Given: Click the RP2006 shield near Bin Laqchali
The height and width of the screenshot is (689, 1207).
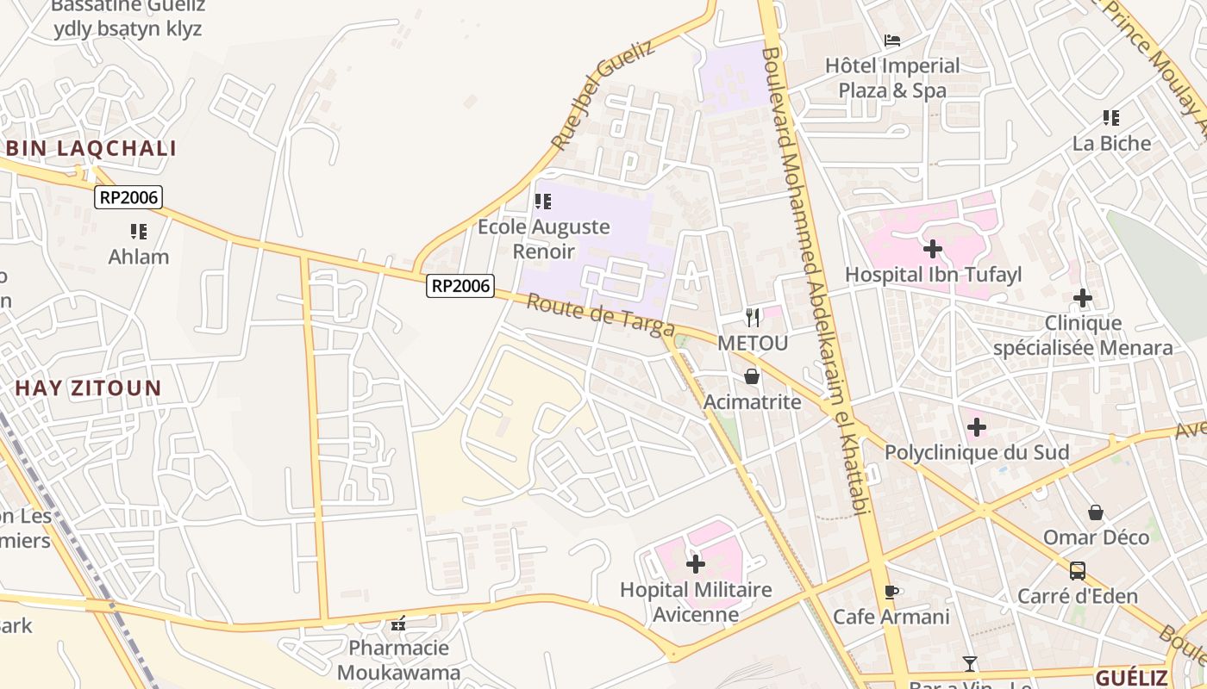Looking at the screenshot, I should (128, 197).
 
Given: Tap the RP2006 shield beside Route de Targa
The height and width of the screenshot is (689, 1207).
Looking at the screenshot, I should (460, 286).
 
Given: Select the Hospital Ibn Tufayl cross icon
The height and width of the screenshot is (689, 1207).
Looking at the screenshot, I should (932, 250).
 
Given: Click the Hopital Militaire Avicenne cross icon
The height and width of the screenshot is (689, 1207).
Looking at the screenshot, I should (695, 564).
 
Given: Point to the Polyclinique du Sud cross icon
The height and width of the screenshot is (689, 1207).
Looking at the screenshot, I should (976, 427).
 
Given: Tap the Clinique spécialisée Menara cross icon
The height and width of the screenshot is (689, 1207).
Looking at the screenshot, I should (1082, 299).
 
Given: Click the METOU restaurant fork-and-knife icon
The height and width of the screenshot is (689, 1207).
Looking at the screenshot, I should (753, 318).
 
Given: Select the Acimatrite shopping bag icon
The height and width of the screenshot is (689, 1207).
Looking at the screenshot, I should (752, 376).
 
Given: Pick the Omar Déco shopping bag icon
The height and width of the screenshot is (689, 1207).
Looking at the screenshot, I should (1095, 512).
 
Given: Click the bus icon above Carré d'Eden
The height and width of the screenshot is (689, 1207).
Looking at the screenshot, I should (1077, 570).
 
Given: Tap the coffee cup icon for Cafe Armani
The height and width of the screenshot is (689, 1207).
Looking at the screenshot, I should (891, 592).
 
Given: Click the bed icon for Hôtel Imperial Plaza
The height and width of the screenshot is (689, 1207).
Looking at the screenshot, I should (892, 40).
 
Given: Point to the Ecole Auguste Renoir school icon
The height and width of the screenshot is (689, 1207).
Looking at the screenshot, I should (542, 202).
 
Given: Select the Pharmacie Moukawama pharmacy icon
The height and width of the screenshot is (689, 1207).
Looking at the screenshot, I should (397, 623).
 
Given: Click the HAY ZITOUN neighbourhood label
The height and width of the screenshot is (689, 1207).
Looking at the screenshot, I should (88, 388).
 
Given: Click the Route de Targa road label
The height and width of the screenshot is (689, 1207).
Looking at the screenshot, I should (600, 316).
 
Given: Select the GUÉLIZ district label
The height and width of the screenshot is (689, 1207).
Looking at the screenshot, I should (1131, 677).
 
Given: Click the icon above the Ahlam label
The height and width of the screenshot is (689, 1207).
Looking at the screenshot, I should (138, 231).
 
